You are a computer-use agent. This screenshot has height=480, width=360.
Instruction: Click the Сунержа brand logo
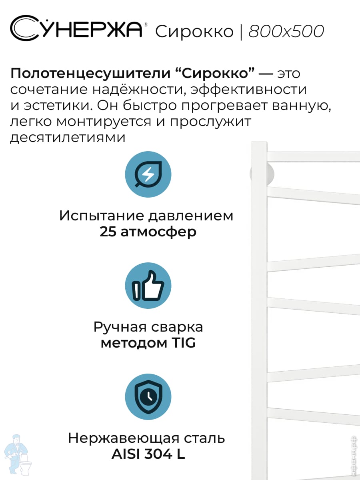point(76,29)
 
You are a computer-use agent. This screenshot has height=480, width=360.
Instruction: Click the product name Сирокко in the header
point(194,32)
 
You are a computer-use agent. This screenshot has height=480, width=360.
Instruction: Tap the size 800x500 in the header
point(286,32)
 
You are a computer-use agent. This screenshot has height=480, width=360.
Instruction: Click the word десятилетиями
point(68,138)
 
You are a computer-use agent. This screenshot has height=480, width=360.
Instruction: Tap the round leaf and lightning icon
point(148,174)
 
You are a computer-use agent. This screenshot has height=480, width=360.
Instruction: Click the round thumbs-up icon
point(148,286)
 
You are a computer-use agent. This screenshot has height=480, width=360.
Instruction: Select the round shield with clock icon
point(148,396)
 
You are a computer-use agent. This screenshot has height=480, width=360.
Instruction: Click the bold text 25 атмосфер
point(148,232)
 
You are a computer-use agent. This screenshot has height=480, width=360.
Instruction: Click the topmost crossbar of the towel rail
point(312,156)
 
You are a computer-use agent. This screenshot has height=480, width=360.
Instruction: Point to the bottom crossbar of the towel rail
point(312,416)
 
